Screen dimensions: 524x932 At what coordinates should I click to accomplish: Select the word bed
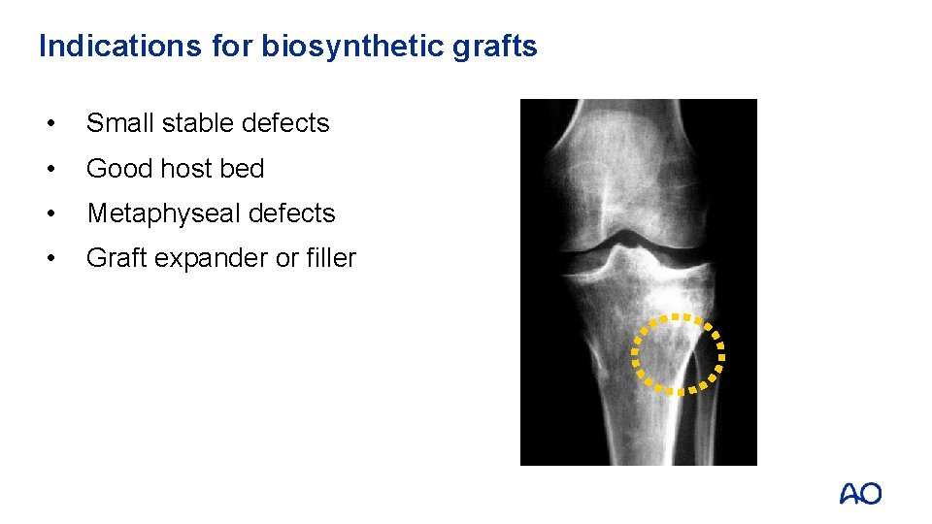242,169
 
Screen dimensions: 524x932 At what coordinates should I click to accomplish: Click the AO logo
860,493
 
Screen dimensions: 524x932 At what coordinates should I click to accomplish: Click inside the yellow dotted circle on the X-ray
679,354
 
